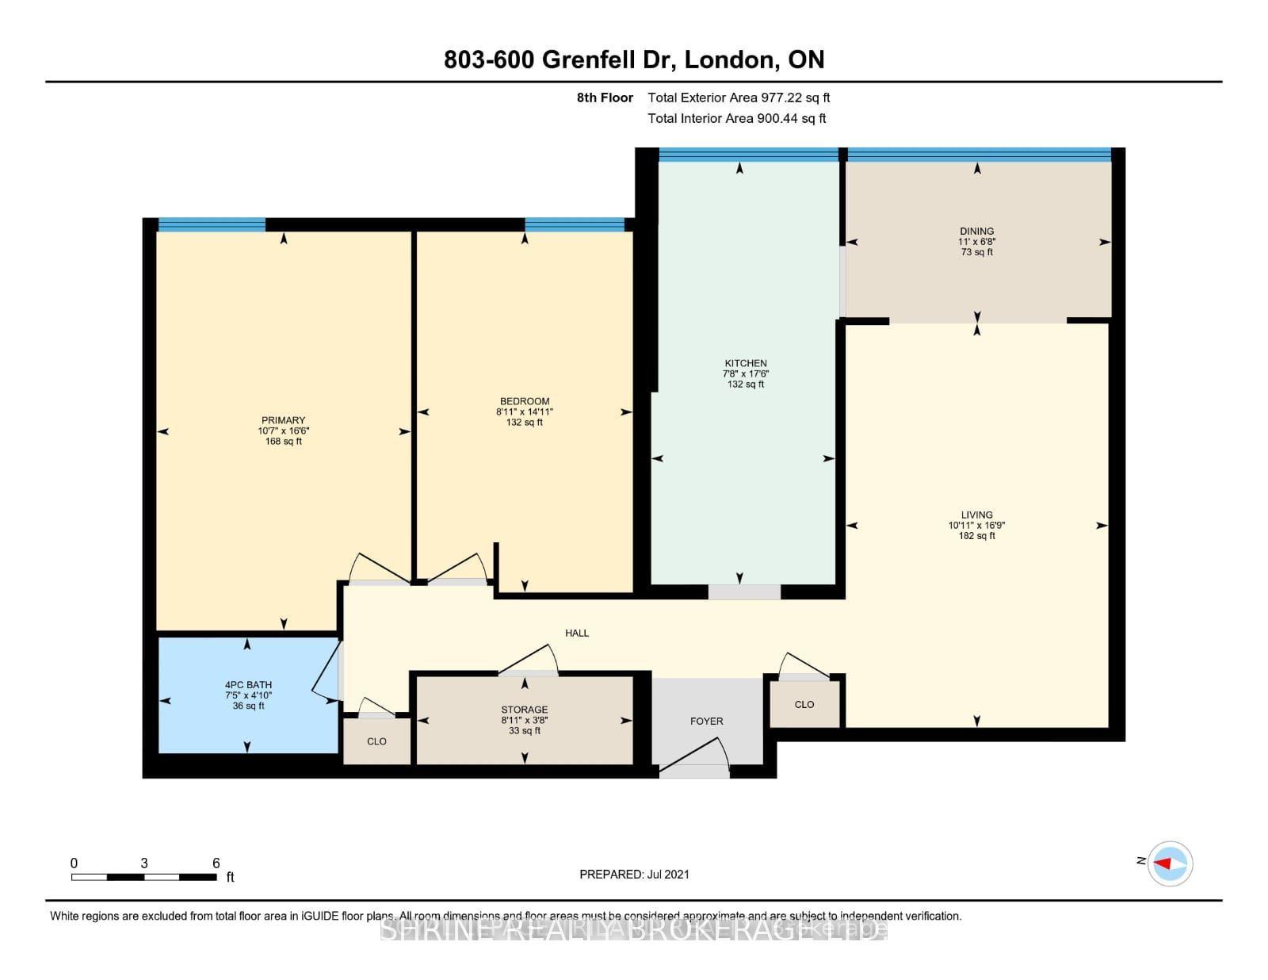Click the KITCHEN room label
point(745,363)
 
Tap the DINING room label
point(976,232)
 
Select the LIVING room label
point(976,515)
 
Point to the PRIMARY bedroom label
point(283,420)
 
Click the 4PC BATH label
point(248,685)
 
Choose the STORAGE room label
point(524,710)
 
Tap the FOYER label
point(706,722)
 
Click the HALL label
point(577,634)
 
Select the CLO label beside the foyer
point(804,705)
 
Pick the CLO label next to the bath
point(376,742)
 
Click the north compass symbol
point(1170,863)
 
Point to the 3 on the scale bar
point(144,863)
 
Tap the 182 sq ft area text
point(976,536)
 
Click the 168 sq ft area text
point(283,442)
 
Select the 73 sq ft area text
point(976,252)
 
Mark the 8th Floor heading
point(605,98)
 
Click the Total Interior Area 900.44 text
point(737,119)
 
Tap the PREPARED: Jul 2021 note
point(634,875)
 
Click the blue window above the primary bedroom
point(212,225)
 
